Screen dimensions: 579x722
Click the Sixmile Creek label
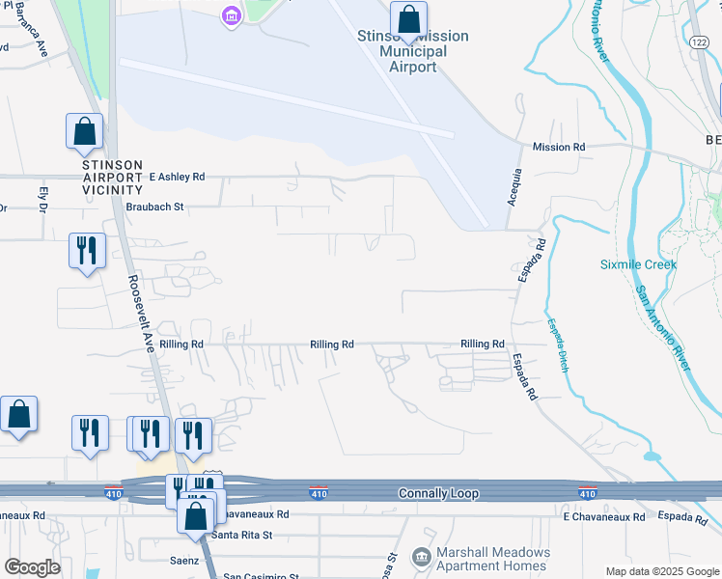point(638,264)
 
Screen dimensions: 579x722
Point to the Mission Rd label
point(559,147)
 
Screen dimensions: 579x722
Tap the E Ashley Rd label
point(178,177)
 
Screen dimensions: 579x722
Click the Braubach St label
point(154,207)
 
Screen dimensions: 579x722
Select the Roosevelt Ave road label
point(140,313)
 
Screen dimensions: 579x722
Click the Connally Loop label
point(439,493)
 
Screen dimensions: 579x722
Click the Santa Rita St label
point(243,535)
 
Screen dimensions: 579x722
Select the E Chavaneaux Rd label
point(604,517)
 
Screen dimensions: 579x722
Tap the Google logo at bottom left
point(32,567)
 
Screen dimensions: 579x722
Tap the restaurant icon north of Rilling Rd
point(87,251)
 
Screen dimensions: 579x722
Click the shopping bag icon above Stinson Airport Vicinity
point(84,131)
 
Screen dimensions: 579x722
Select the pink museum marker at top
point(230,16)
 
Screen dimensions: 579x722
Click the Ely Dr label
point(42,200)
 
